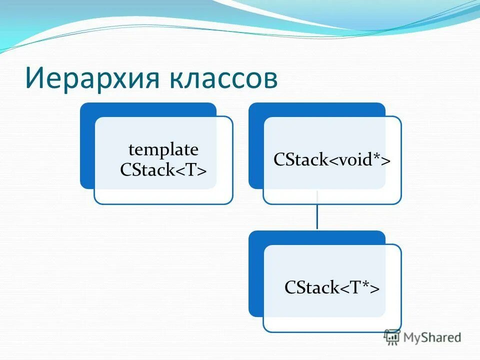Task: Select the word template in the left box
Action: pos(163,149)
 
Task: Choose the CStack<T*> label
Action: pos(332,287)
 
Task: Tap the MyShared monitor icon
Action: pos(392,337)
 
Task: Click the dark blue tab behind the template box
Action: pos(87,145)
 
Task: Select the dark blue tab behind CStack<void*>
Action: pos(256,145)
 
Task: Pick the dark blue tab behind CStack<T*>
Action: pos(256,273)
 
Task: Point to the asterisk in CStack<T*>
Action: pos(366,285)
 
